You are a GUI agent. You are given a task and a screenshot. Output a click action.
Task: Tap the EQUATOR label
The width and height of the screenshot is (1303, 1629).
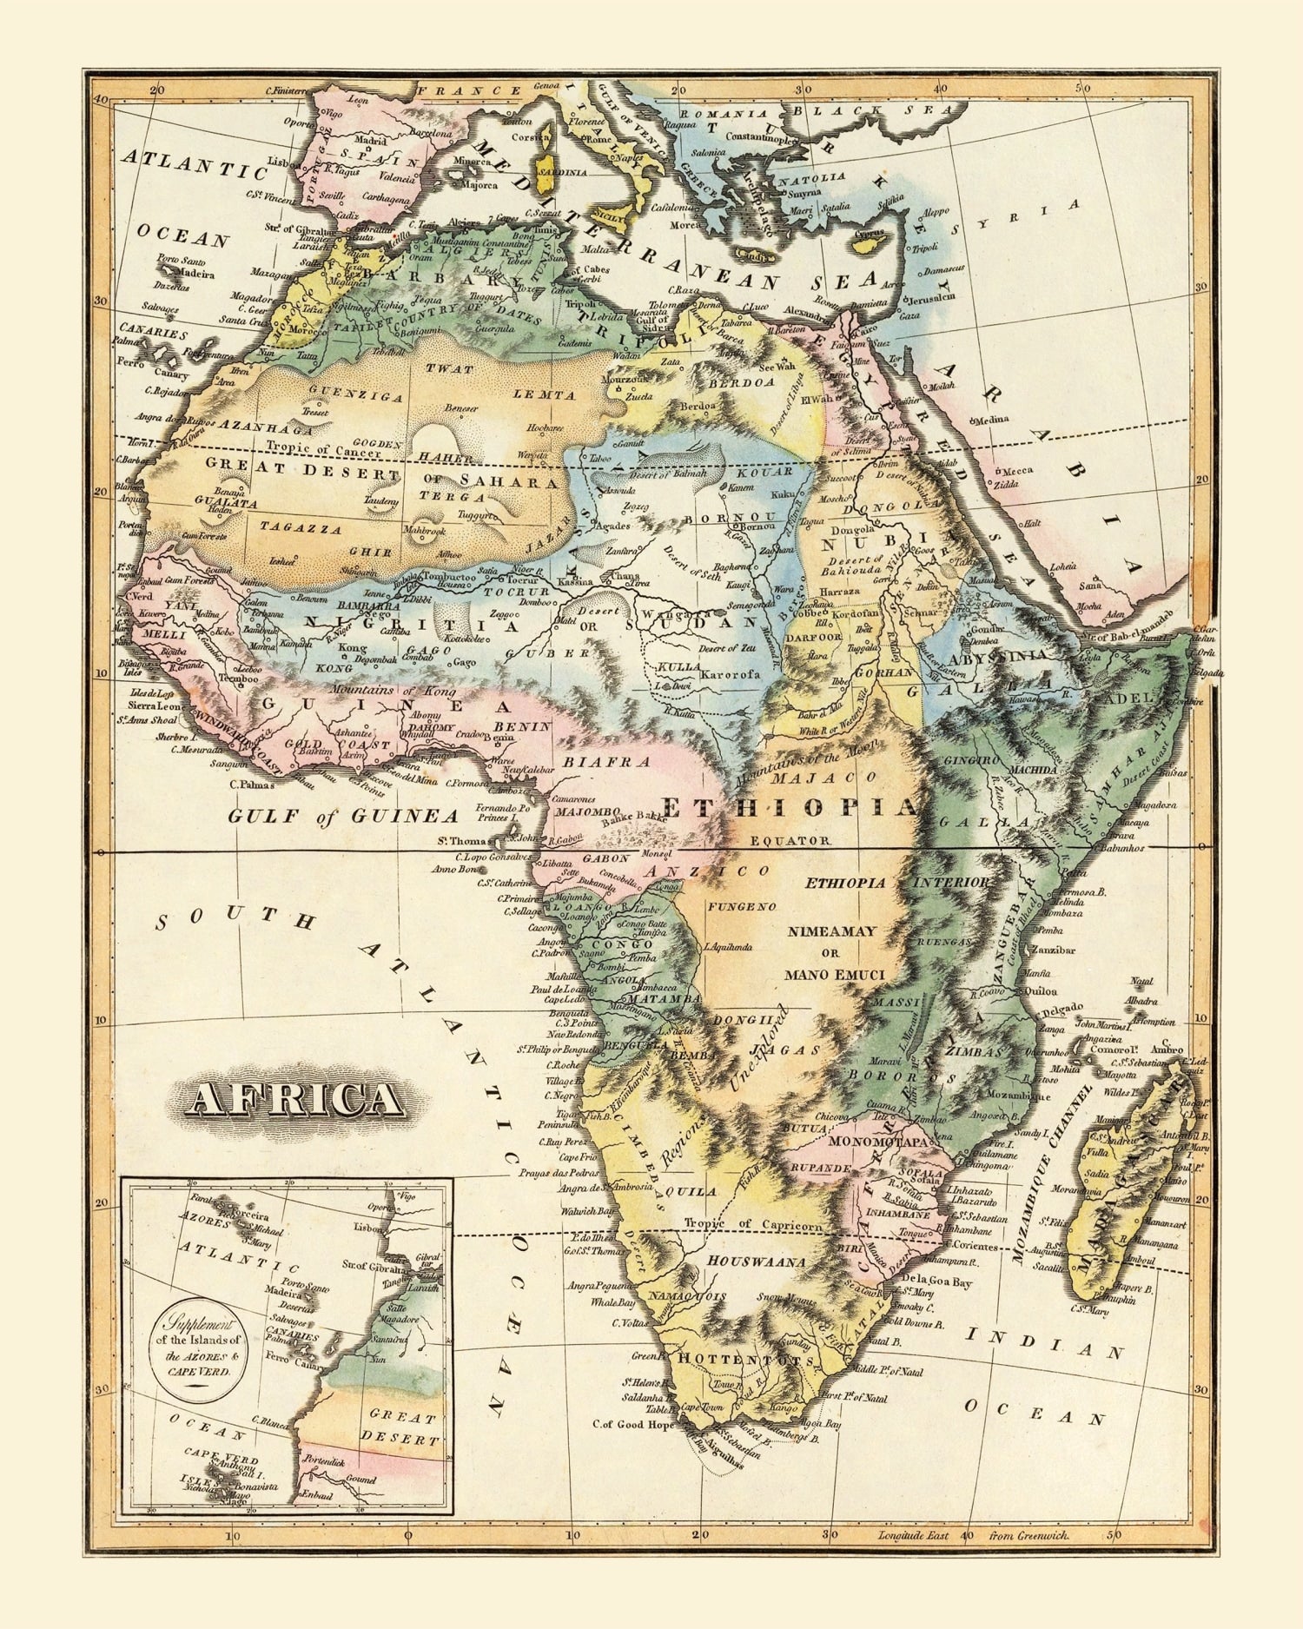point(790,840)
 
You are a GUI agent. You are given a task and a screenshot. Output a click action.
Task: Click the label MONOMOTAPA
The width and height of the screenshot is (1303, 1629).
point(880,1141)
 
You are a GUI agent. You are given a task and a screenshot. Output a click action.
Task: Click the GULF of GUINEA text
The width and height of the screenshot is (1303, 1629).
point(342,816)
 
